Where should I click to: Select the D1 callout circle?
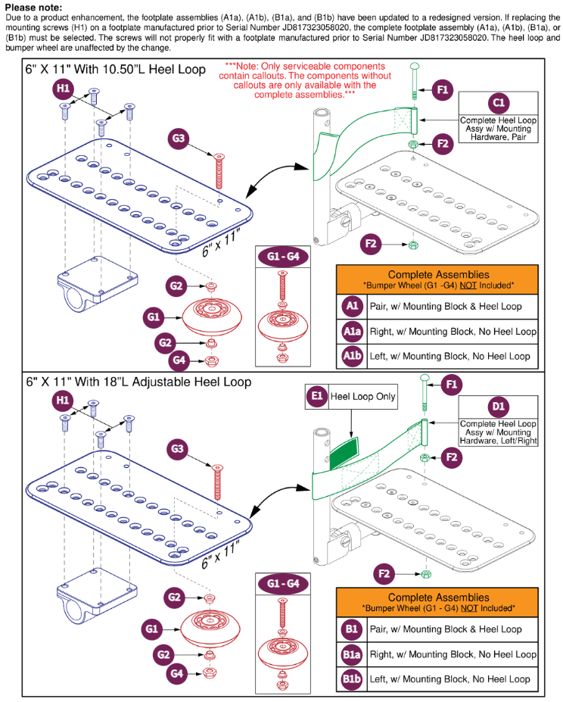[x=498, y=407]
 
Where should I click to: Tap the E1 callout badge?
[x=316, y=396]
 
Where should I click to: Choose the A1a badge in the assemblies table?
[x=350, y=331]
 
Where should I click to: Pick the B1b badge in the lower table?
[x=350, y=679]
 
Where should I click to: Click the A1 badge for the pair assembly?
[x=350, y=306]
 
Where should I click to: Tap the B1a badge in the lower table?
[x=350, y=654]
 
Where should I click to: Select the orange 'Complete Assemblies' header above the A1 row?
[x=437, y=279]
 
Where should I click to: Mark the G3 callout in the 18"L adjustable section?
[x=178, y=449]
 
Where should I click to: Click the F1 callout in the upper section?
[x=443, y=90]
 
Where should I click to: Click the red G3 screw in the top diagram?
[x=220, y=170]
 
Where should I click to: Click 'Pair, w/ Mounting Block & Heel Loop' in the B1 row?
[x=445, y=629]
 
